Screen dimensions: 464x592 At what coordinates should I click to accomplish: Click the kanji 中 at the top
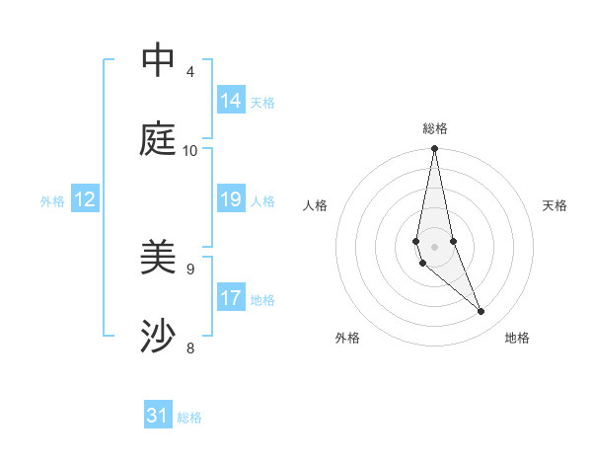click(x=158, y=60)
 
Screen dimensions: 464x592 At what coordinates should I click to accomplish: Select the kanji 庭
click(x=158, y=139)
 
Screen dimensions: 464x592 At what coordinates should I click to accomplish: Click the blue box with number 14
click(x=231, y=101)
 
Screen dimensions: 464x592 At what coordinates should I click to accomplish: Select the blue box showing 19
click(x=231, y=199)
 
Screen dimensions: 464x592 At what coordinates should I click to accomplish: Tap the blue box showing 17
click(x=231, y=298)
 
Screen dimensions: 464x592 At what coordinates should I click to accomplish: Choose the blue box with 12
click(x=85, y=199)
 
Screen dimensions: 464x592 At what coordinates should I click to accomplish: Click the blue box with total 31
click(x=158, y=416)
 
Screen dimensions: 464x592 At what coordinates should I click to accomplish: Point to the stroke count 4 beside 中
click(x=190, y=72)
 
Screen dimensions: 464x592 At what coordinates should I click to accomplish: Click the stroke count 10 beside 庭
click(x=190, y=151)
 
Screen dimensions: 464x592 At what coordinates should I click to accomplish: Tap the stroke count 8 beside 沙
click(x=190, y=348)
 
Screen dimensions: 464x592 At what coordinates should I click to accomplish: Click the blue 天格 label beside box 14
click(x=262, y=102)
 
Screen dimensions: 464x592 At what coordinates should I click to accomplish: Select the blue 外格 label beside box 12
click(x=52, y=201)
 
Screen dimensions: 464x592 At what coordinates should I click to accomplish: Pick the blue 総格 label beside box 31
click(x=189, y=418)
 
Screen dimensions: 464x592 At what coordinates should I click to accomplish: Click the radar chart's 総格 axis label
click(x=435, y=128)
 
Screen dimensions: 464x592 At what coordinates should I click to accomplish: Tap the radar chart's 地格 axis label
click(x=517, y=339)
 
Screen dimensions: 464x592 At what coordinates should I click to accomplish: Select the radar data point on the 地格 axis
click(x=481, y=312)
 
